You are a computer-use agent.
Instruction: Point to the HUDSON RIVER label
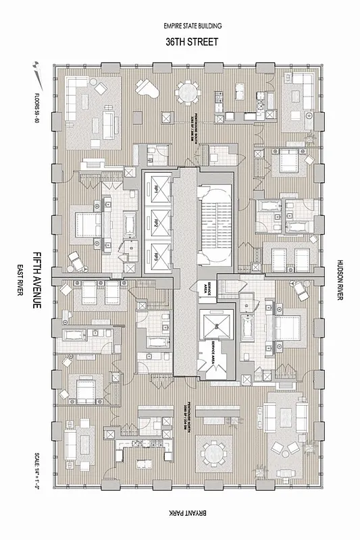340,280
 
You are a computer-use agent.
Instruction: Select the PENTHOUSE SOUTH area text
196,124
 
